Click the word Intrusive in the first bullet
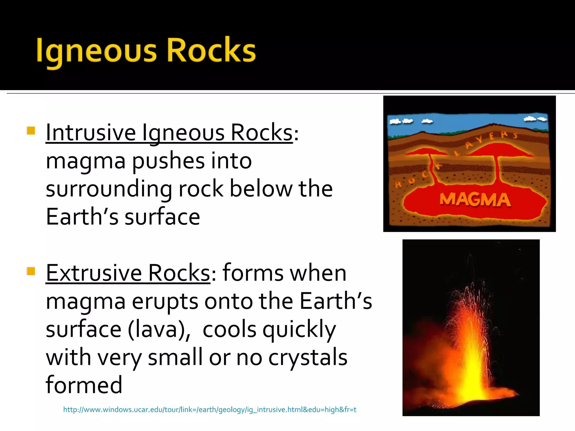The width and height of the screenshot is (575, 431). coord(91,132)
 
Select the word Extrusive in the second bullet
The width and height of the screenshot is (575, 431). coord(94,273)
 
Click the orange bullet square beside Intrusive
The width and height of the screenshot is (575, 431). coord(31,131)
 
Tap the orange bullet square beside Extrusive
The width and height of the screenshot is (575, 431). coord(31,271)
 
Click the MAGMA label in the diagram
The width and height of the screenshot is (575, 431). coord(475,200)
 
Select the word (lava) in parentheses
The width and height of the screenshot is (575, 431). coord(159,329)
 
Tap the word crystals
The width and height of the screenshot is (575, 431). coord(308,358)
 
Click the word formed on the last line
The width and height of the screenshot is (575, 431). coord(84,385)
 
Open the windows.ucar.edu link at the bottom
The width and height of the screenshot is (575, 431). coord(209,410)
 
